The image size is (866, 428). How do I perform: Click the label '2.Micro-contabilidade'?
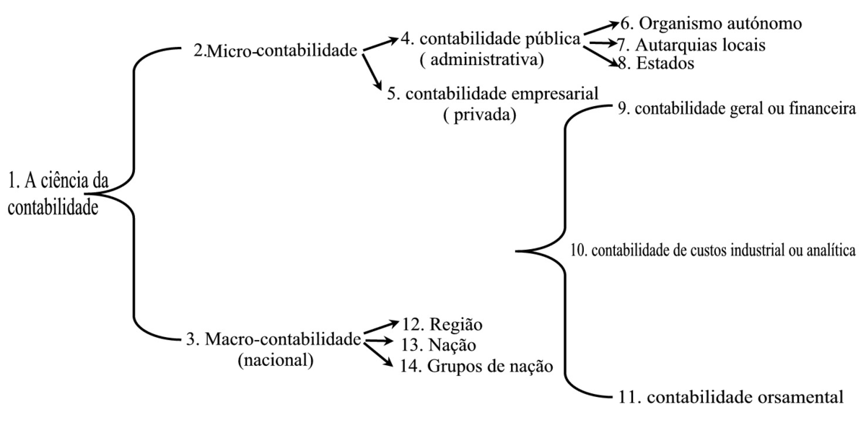click(x=275, y=51)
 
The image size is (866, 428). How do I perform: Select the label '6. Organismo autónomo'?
click(x=711, y=24)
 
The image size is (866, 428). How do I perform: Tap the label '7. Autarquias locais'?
click(x=691, y=45)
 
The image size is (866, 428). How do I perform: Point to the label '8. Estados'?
click(x=656, y=64)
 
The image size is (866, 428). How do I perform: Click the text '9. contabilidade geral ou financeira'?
click(x=737, y=109)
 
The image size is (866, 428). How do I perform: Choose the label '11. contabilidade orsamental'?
click(x=730, y=397)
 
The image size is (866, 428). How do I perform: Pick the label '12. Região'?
click(x=442, y=325)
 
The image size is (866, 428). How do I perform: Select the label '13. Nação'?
click(x=439, y=345)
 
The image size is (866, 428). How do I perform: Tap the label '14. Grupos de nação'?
click(x=476, y=366)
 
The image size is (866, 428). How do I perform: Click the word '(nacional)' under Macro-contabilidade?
click(x=276, y=360)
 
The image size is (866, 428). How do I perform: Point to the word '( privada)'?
click(x=479, y=115)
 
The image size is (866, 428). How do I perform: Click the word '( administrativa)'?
click(x=482, y=60)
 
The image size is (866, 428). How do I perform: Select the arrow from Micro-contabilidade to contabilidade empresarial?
click(x=372, y=73)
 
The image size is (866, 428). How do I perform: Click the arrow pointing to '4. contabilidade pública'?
click(x=381, y=44)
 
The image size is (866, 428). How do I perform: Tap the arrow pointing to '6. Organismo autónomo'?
click(x=601, y=28)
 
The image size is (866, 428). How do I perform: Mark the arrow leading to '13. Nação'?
click(x=378, y=341)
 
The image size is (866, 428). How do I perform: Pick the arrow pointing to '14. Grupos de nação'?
click(x=378, y=354)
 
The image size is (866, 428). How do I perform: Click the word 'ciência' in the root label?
click(x=64, y=181)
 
